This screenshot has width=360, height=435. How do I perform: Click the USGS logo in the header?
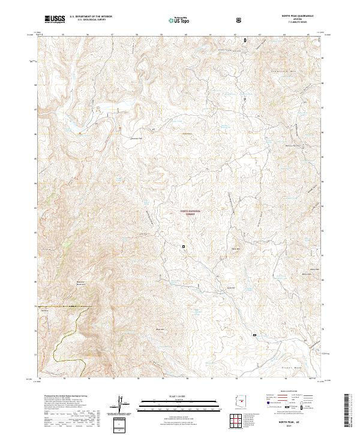pos(54,19)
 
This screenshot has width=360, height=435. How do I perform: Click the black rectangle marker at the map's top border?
pos(245,40)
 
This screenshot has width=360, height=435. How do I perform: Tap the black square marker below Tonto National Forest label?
pos(184,246)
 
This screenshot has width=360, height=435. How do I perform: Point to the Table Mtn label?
pos(235,248)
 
